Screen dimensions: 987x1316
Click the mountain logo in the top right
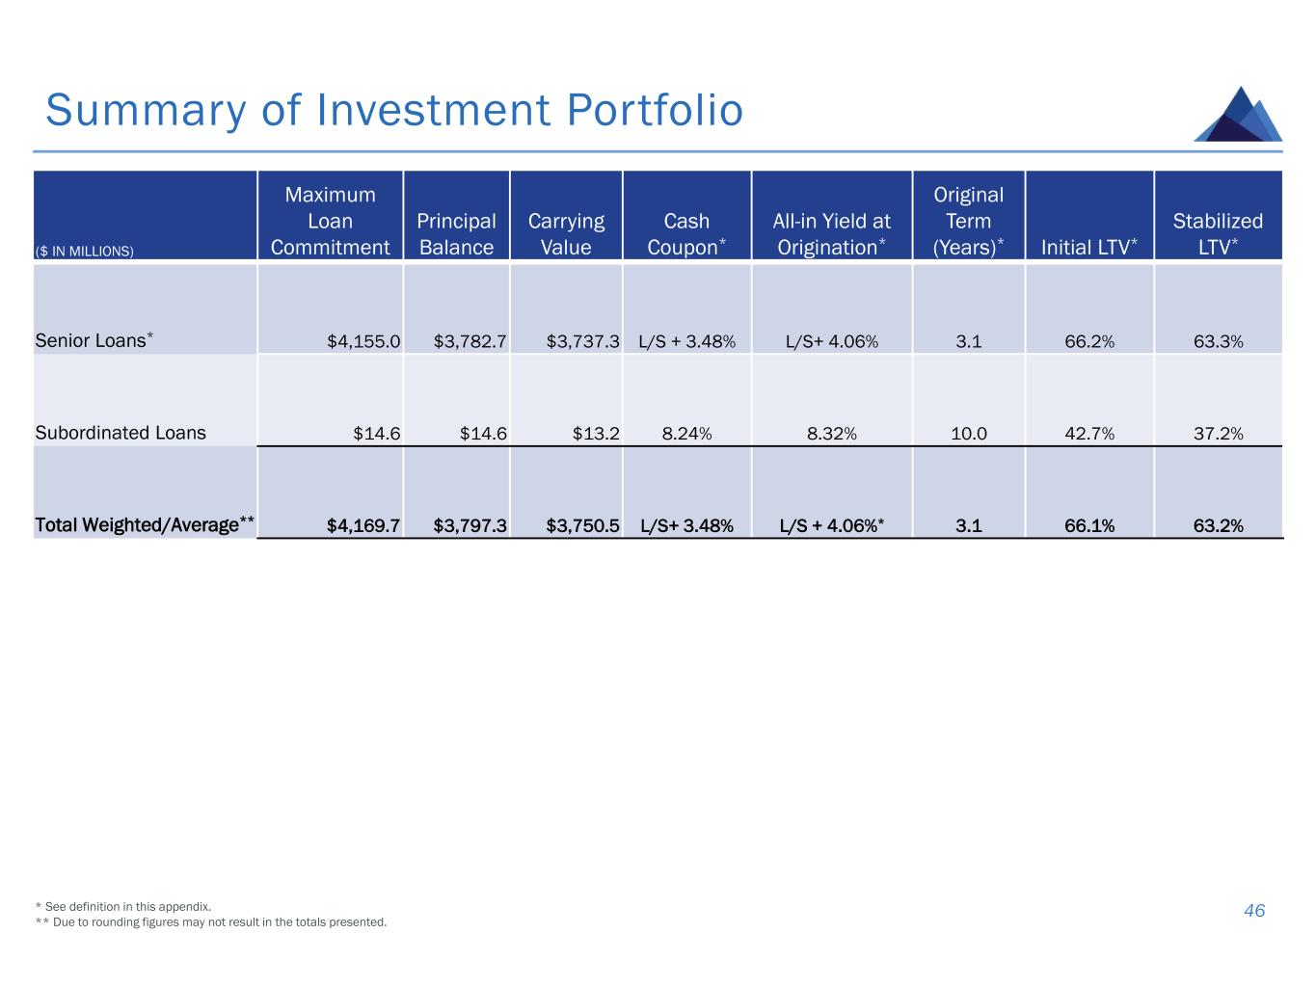[x=1238, y=115]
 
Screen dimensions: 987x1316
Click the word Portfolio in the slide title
[x=655, y=111]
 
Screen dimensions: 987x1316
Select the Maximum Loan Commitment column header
[x=330, y=221]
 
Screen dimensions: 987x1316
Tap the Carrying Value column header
[x=566, y=234]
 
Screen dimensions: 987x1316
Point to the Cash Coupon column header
[x=686, y=234]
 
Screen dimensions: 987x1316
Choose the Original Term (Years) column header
[x=968, y=221]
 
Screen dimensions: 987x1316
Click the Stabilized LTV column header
[x=1218, y=234]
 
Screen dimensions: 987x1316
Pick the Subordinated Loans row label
[x=121, y=433]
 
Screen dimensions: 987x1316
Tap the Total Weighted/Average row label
[x=145, y=525]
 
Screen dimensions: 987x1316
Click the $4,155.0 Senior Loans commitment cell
[x=363, y=341]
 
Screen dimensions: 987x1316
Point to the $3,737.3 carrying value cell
[x=582, y=341]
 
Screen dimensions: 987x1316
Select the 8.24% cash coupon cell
[x=686, y=434]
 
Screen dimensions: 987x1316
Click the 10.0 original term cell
[x=968, y=434]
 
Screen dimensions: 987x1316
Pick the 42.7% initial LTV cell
[x=1089, y=434]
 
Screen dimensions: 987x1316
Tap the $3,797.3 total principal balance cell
[x=470, y=526]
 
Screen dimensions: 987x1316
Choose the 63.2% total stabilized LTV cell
[x=1218, y=526]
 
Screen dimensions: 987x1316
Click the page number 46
[x=1254, y=911]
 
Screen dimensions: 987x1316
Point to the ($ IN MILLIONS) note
[x=85, y=252]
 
